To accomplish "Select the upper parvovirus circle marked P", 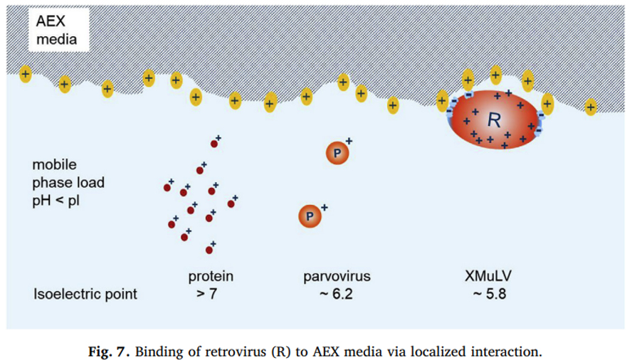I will (337, 153).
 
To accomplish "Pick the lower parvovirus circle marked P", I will (310, 215).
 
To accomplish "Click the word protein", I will (211, 276).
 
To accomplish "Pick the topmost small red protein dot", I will (214, 144).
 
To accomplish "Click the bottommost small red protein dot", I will (209, 250).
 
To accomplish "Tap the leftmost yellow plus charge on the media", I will (25, 73).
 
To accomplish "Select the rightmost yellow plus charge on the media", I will (590, 107).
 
